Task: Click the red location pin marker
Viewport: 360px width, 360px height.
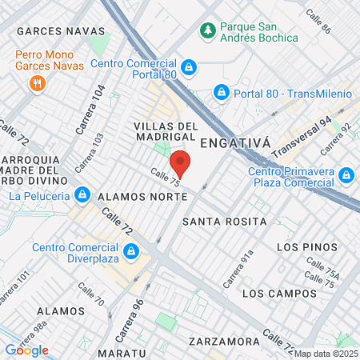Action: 180,163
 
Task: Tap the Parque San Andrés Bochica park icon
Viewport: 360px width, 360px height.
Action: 208,30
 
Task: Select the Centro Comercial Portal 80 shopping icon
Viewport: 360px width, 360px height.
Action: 189,68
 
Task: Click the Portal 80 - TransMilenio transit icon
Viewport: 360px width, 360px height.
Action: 220,94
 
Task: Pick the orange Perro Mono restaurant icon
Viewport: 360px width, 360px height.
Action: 36,83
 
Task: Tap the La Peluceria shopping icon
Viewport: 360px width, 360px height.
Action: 82,194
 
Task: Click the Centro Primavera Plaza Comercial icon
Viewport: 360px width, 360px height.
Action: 346,175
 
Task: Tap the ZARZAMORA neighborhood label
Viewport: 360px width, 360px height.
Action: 224,342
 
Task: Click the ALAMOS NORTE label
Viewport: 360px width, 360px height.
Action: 132,194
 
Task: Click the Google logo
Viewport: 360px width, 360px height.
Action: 26,350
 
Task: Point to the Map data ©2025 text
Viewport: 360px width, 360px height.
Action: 326,354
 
